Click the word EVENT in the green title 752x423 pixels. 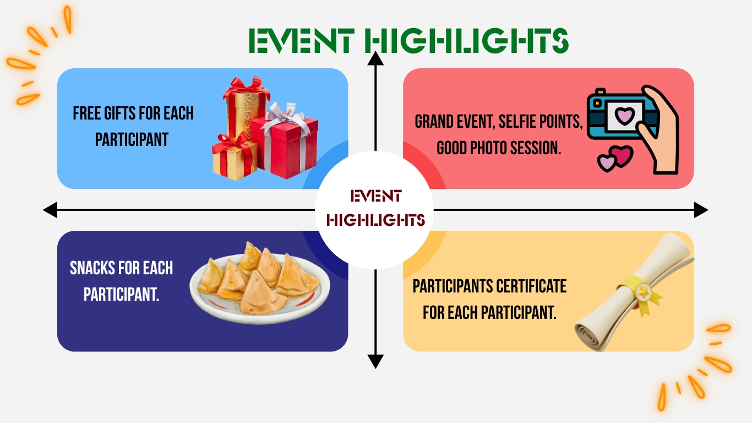302,41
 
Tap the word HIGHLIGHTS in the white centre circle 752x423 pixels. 375,220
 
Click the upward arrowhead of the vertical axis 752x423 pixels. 375,58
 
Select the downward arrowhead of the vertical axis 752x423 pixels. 375,361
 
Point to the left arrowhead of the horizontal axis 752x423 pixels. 50,210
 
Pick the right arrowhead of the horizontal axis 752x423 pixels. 701,210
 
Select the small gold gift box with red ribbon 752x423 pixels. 233,156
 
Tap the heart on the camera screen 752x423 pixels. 624,116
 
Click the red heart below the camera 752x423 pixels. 622,155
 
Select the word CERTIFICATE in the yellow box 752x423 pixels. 531,286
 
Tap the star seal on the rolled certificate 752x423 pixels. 643,291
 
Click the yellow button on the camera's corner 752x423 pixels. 597,103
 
